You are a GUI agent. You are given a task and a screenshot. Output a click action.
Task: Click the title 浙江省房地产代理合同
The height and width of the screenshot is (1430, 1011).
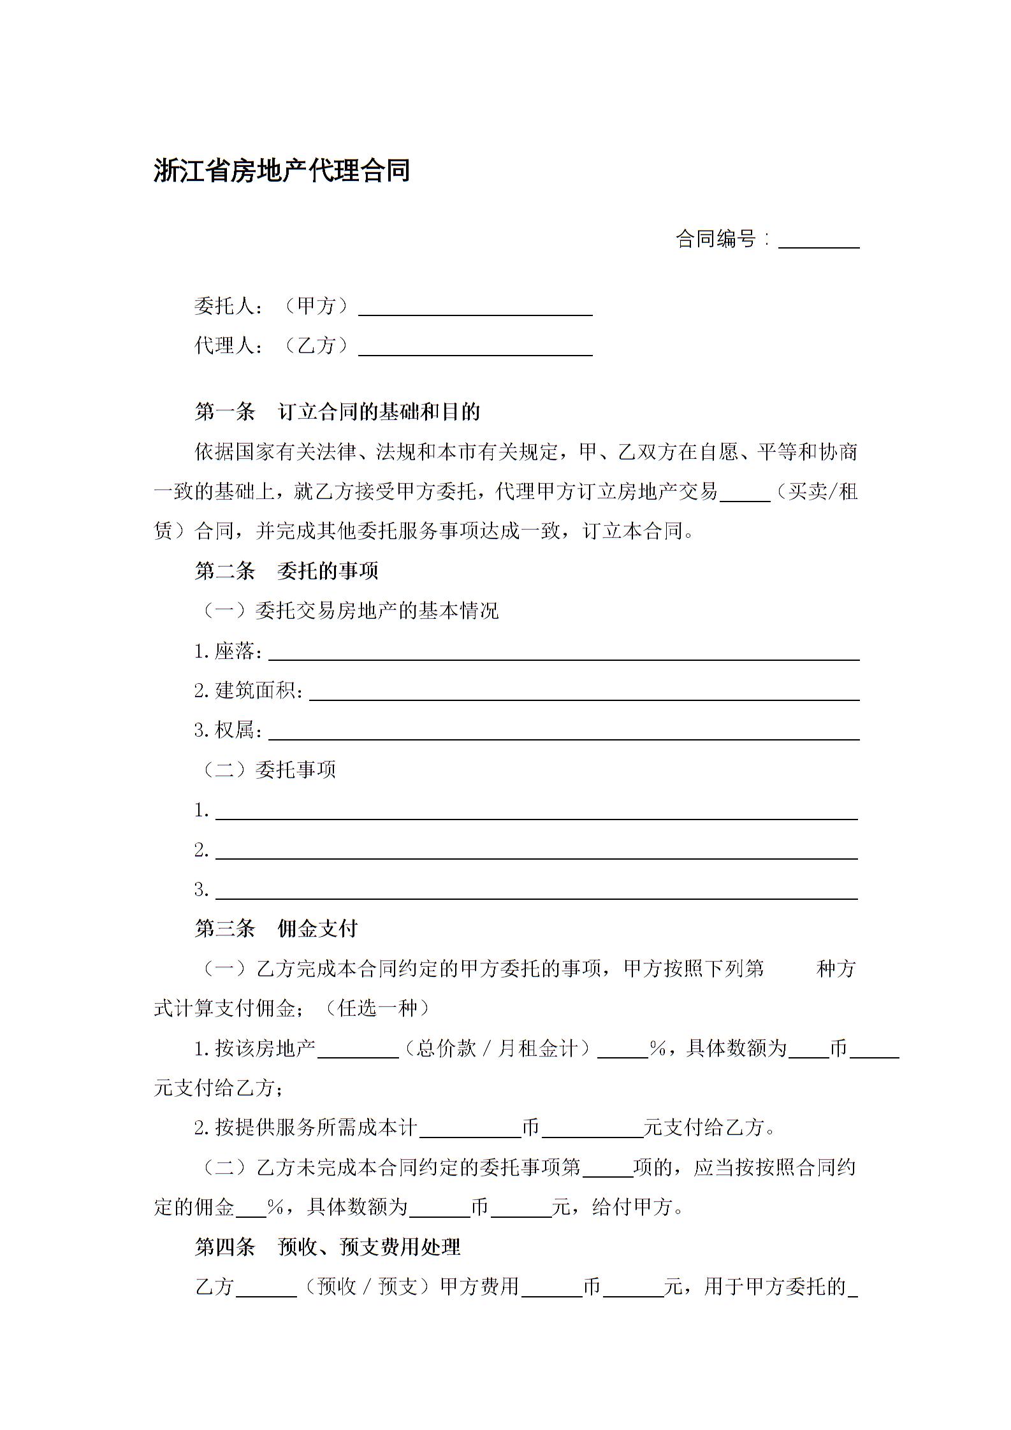281,171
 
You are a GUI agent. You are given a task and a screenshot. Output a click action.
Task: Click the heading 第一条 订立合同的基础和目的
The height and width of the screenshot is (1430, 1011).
337,412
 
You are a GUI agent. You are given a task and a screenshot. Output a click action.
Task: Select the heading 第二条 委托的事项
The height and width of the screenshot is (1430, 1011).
286,570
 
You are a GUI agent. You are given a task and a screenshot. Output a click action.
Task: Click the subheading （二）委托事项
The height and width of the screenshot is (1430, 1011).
269,770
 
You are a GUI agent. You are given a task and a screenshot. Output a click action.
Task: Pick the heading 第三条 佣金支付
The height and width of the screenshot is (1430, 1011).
276,928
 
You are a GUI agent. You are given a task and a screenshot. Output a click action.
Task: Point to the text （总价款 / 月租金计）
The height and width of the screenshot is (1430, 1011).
497,1048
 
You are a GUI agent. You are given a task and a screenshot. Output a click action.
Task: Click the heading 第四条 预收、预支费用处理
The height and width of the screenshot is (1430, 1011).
327,1247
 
